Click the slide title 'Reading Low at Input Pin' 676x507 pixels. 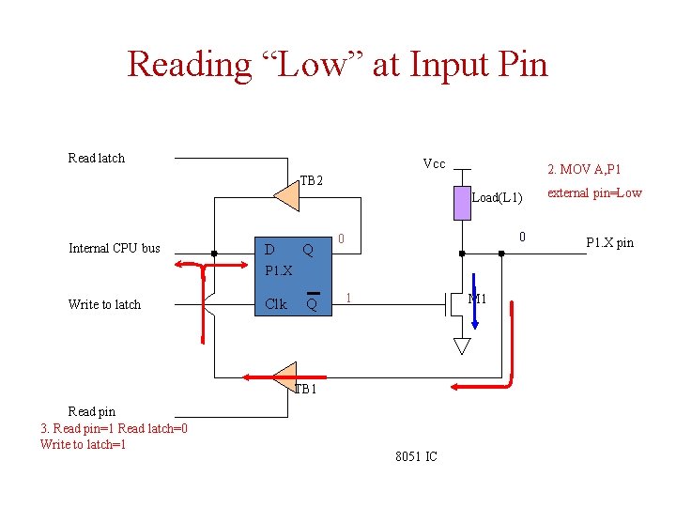[337, 65]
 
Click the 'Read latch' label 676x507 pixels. [97, 158]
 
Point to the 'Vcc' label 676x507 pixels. [434, 164]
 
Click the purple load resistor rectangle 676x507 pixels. [461, 204]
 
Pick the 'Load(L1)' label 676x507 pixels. [497, 197]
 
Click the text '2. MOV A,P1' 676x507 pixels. [584, 169]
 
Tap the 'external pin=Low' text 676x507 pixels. [594, 192]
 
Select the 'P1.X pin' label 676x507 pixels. [609, 243]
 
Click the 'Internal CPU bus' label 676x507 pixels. [115, 248]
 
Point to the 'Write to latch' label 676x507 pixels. [104, 304]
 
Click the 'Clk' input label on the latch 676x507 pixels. [276, 304]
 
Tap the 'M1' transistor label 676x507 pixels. [477, 300]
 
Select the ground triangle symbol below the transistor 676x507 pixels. [461, 346]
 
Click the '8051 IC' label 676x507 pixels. [416, 457]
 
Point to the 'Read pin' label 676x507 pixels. [92, 411]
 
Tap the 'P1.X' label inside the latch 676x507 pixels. [279, 270]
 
